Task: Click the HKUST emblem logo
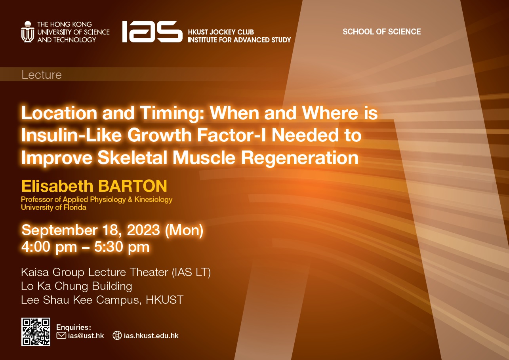tap(28, 32)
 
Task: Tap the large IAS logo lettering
tap(152, 32)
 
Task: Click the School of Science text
tap(382, 32)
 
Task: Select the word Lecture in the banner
tap(42, 75)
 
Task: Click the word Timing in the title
tap(172, 113)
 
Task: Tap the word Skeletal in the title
tap(132, 157)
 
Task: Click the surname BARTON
tap(133, 186)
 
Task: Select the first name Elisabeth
tap(57, 186)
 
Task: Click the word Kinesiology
tap(153, 200)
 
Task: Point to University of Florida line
tap(53, 208)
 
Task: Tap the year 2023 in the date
tap(143, 230)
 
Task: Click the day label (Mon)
tap(184, 230)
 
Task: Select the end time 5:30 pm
tap(122, 247)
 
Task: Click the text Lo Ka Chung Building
tap(76, 286)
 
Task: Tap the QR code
tap(36, 332)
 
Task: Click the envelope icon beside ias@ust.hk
tap(61, 335)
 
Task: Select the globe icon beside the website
tap(117, 335)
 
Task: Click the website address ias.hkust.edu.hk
tap(151, 336)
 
